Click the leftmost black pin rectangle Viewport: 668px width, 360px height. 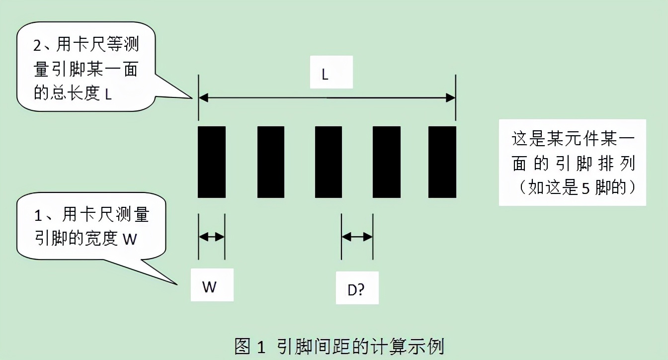click(212, 162)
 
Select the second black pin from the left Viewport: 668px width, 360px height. click(271, 162)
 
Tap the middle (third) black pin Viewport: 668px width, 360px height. click(329, 162)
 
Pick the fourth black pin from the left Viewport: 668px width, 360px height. click(387, 162)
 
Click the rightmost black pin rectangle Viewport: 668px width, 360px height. click(442, 162)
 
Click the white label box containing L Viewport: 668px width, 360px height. click(331, 73)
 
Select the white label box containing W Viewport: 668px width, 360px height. click(212, 285)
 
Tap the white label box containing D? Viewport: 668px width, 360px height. click(357, 288)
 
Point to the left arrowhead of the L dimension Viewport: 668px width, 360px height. click(203, 98)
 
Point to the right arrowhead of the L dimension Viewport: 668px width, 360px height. click(451, 98)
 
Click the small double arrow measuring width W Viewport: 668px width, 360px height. click(212, 237)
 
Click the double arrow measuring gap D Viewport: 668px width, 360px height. click(357, 237)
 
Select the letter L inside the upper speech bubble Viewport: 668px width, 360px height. click(108, 94)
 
